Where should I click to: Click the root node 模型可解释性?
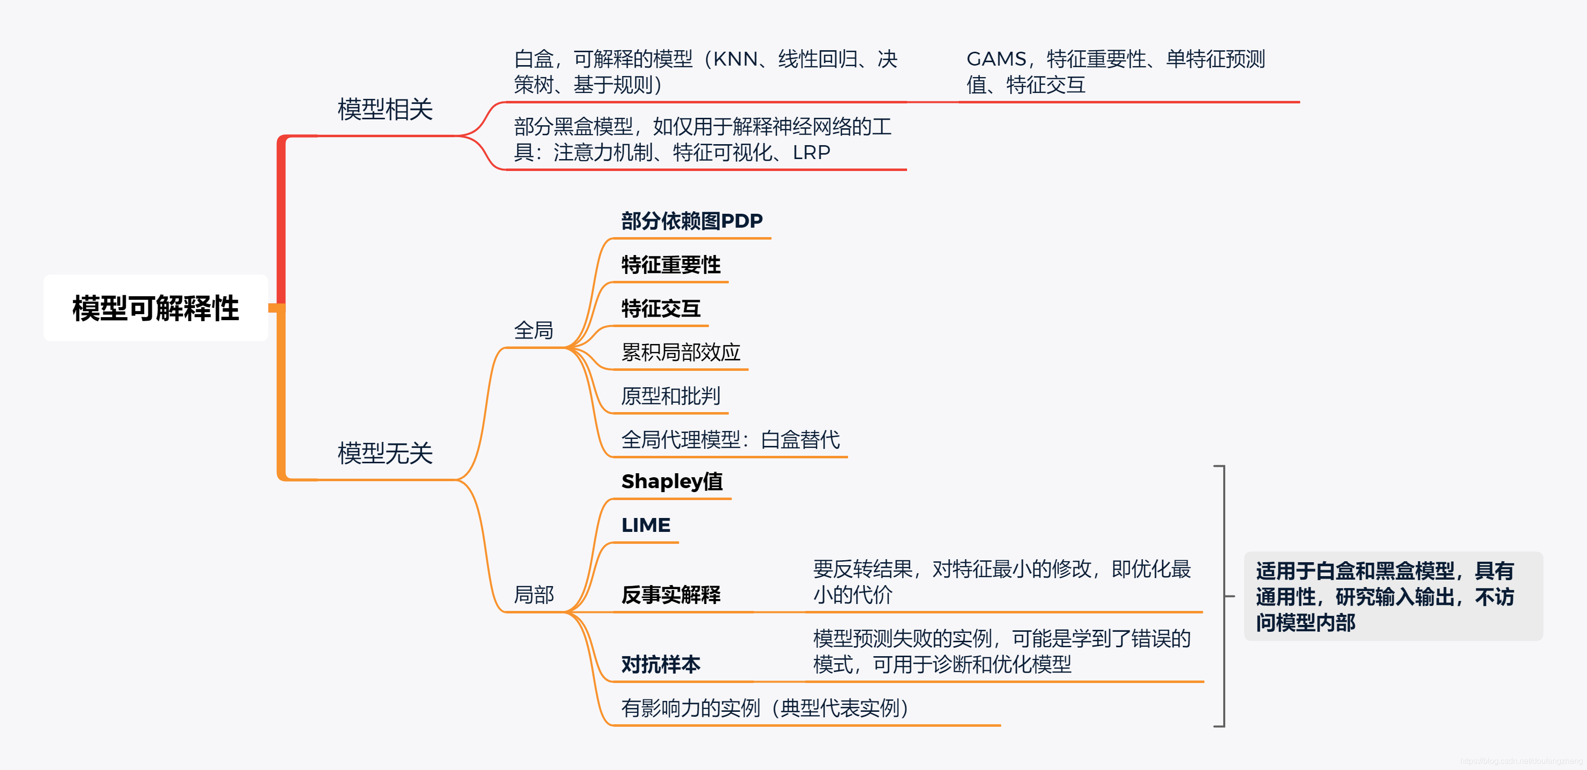tap(155, 308)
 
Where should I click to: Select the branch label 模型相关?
tap(385, 110)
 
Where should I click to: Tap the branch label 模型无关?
tap(385, 453)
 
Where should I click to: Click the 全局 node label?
tap(533, 330)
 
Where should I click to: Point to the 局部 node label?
tap(533, 595)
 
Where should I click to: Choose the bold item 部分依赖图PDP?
tap(691, 221)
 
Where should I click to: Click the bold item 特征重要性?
tap(671, 265)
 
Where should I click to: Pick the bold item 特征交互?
tap(661, 308)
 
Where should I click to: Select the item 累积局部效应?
tap(681, 352)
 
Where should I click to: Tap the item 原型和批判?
tap(671, 396)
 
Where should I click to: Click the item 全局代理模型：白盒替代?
tap(731, 439)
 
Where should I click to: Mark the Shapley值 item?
tap(671, 481)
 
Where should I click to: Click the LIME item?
tap(646, 525)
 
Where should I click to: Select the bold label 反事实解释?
tap(671, 595)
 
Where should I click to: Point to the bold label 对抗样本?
tap(661, 664)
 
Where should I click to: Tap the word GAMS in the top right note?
tap(996, 59)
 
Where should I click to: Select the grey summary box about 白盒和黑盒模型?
tap(1392, 597)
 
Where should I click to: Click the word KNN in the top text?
tap(735, 59)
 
